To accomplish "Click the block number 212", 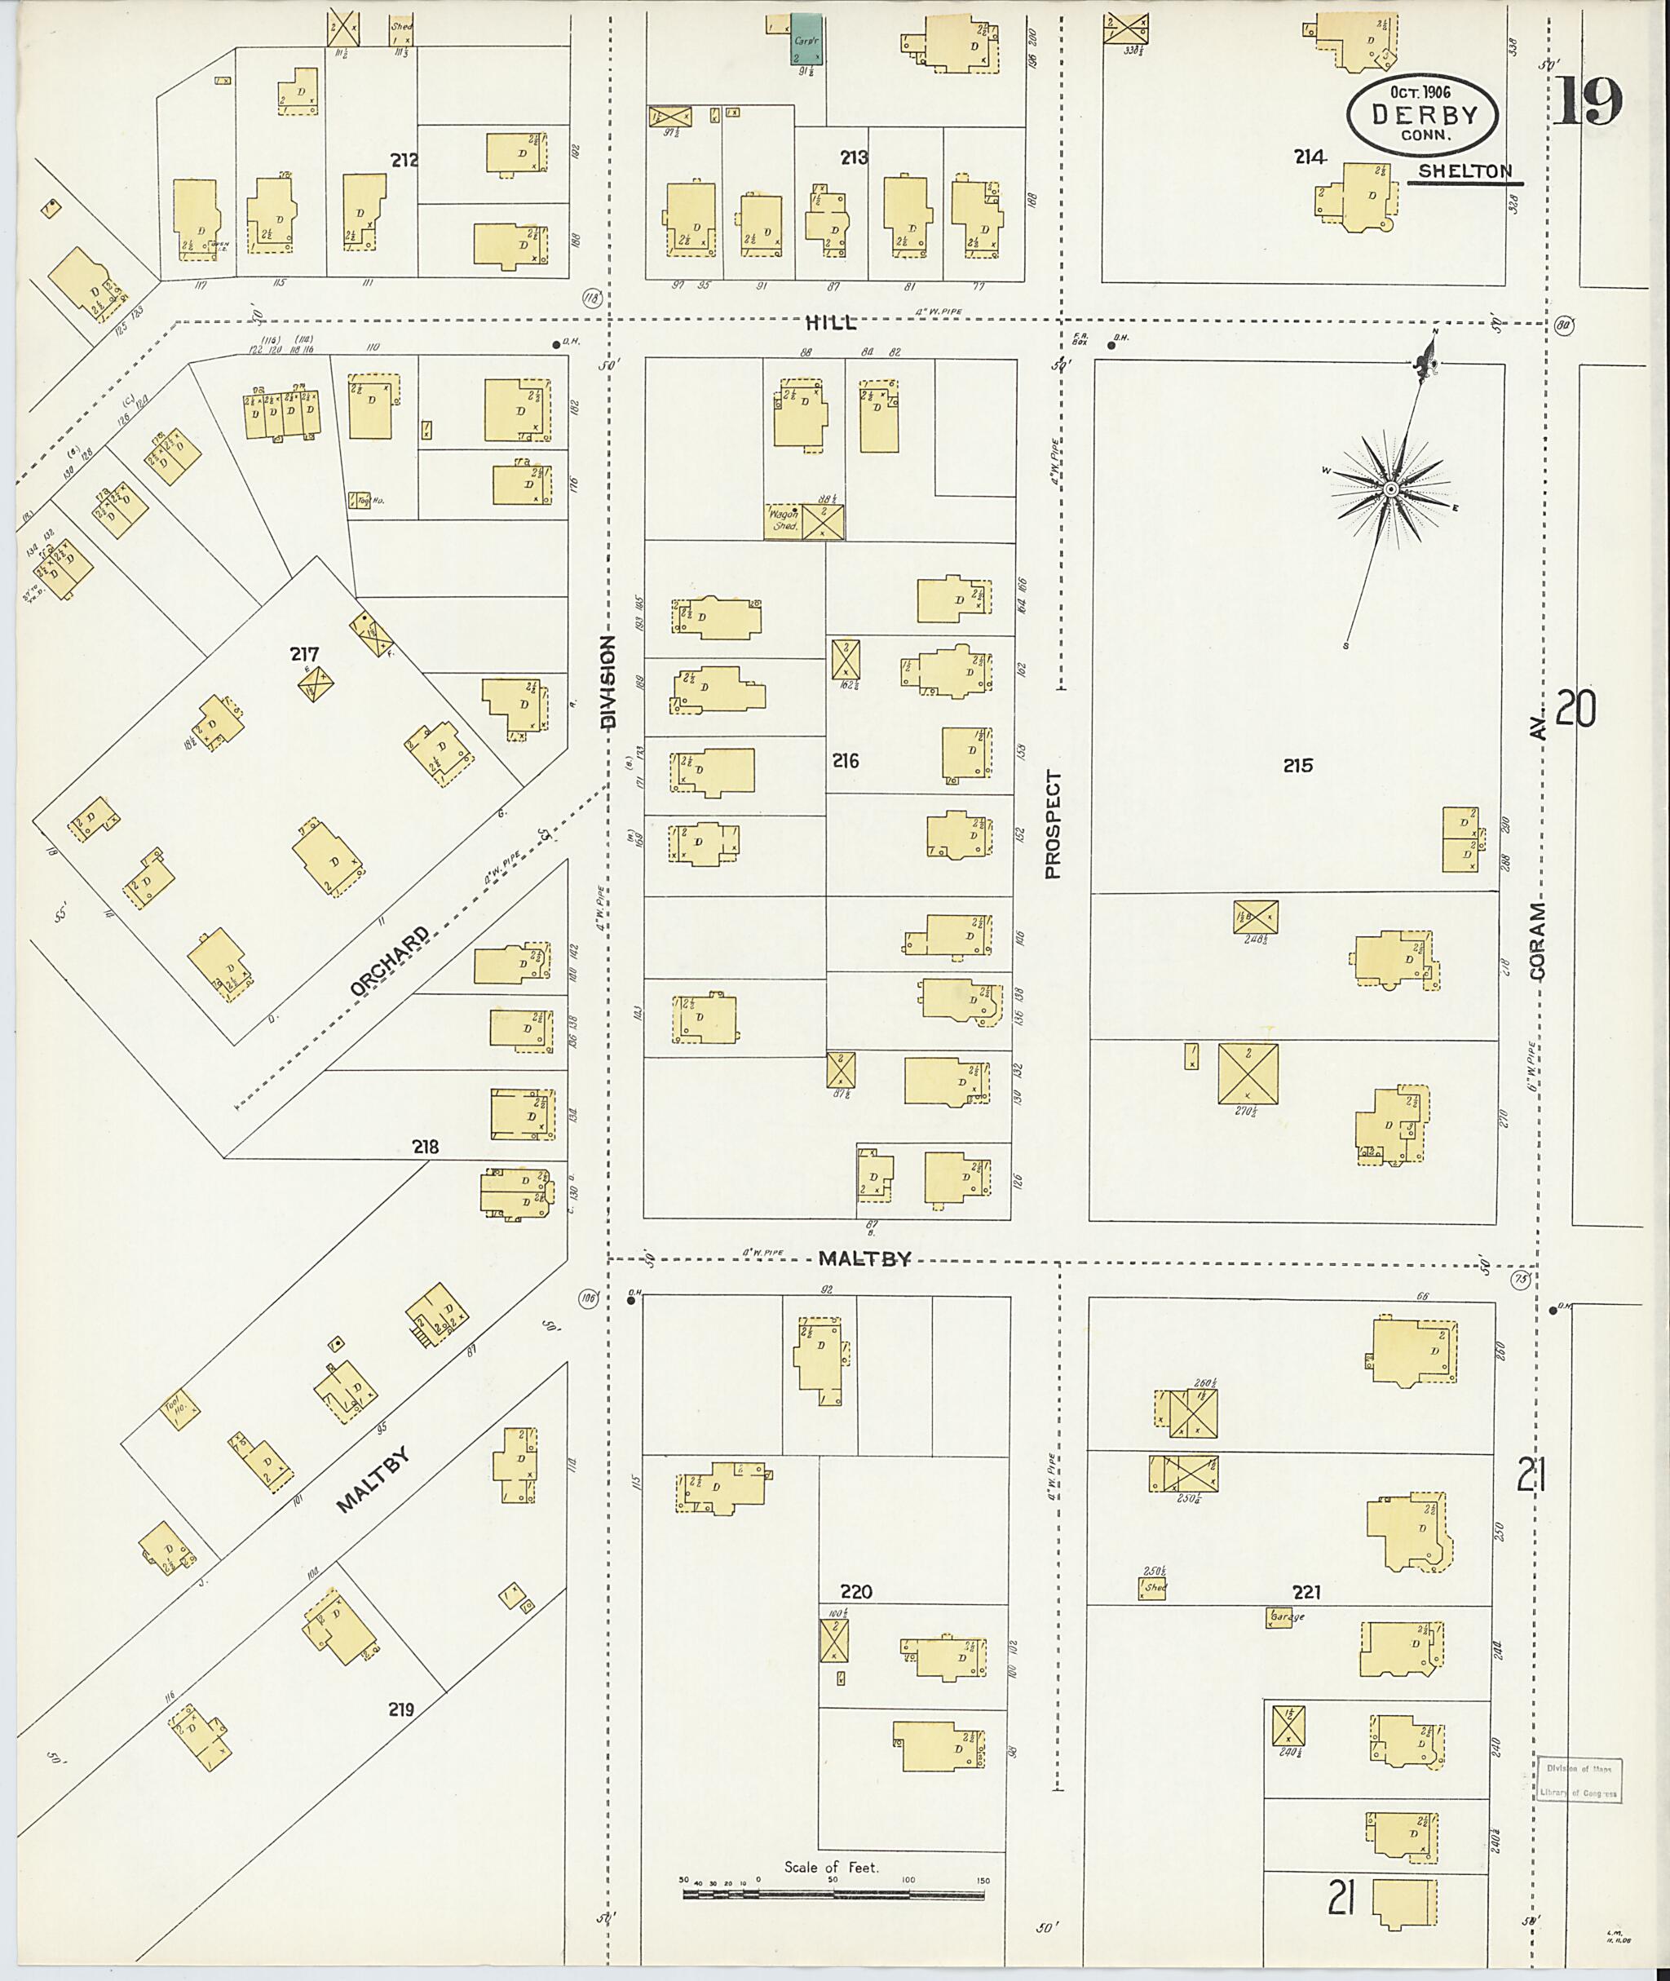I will tap(404, 161).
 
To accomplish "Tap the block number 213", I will tap(854, 158).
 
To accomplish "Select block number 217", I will tap(305, 653).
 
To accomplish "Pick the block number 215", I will tap(1298, 765).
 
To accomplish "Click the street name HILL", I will tap(830, 323).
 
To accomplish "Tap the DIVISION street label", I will tap(607, 681).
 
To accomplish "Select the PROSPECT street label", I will tap(1054, 824).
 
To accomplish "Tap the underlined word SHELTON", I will tap(1464, 171).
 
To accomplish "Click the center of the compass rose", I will tap(1391, 489).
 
